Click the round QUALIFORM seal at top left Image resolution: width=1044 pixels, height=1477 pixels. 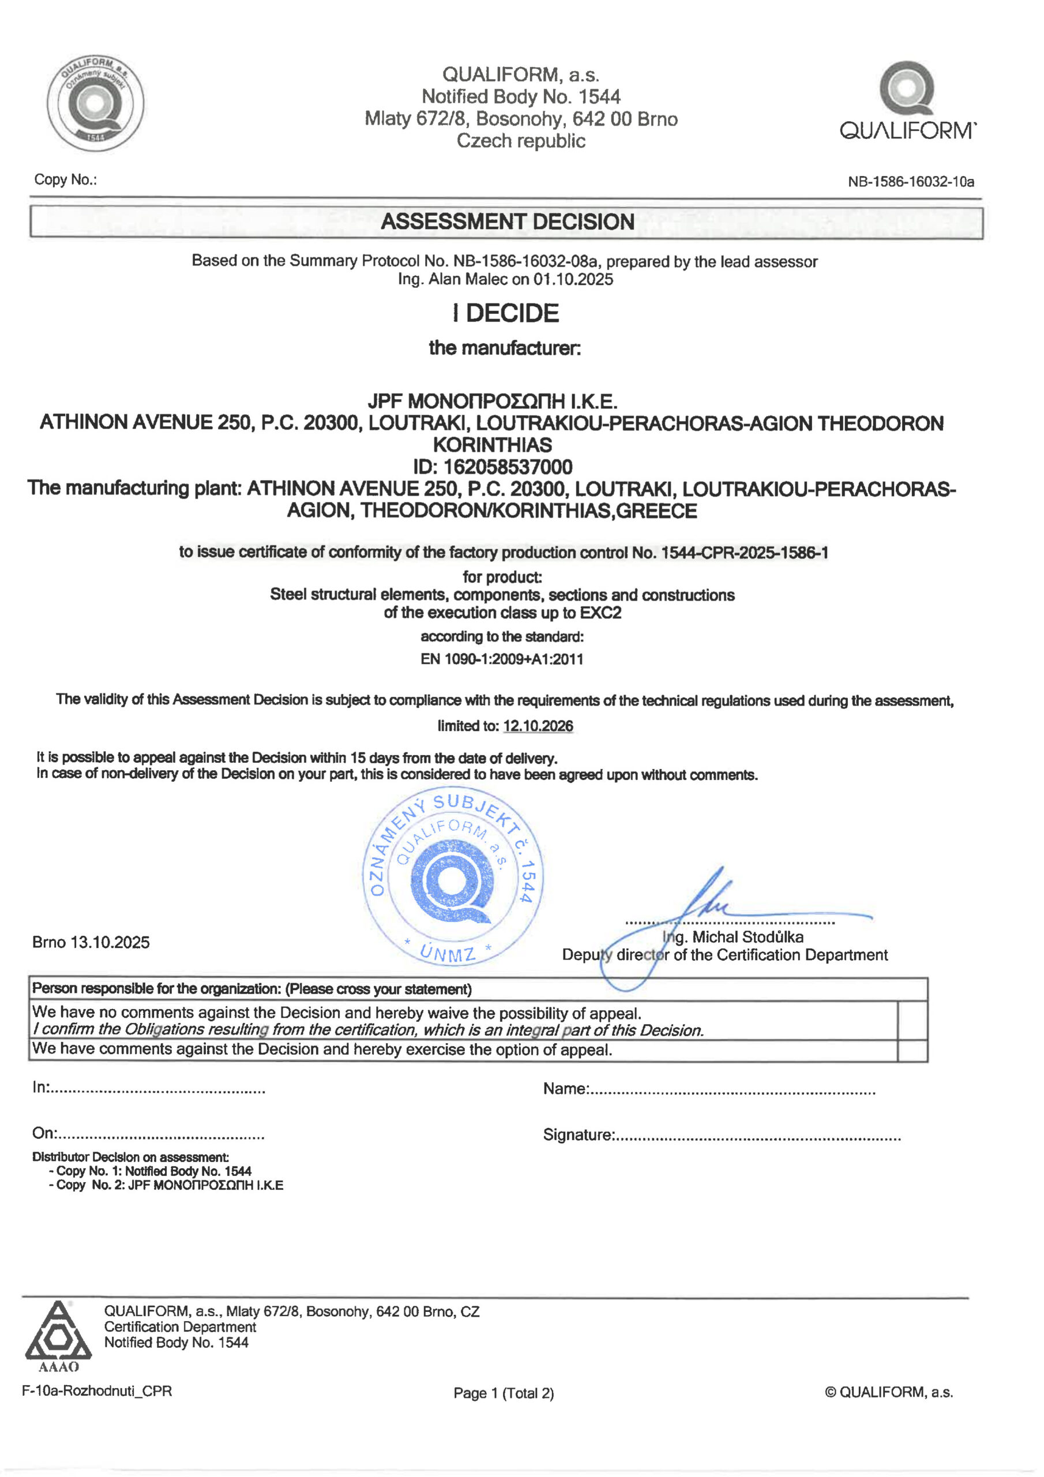(x=95, y=103)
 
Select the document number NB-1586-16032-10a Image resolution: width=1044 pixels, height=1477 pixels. (x=910, y=182)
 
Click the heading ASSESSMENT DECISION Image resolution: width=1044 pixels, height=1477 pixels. (x=507, y=222)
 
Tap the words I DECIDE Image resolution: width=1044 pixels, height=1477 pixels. (x=506, y=313)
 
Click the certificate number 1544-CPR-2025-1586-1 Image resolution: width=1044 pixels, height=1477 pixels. (x=744, y=553)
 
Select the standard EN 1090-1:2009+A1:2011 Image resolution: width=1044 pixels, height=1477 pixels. (x=502, y=659)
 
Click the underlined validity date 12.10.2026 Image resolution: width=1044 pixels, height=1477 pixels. (x=538, y=726)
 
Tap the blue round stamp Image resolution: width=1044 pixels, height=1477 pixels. (x=453, y=876)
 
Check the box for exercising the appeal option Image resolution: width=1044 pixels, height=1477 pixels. (x=912, y=1051)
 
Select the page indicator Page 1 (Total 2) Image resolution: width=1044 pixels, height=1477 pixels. (x=504, y=1393)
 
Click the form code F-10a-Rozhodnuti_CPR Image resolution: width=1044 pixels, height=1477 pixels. (x=97, y=1391)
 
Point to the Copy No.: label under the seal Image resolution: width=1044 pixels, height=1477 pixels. (x=66, y=179)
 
